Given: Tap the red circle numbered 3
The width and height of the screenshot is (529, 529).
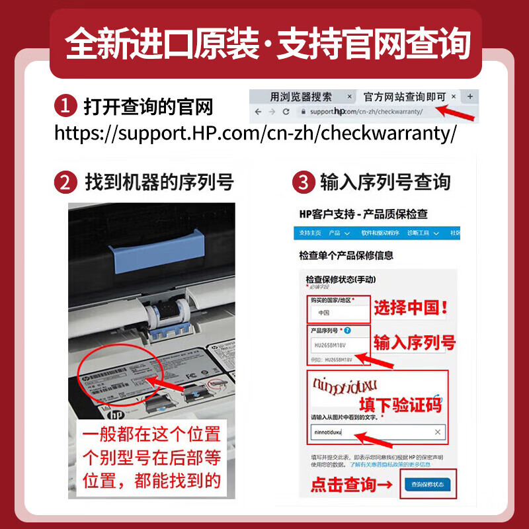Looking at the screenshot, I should pyautogui.click(x=303, y=183).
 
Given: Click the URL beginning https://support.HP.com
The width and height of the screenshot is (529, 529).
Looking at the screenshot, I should pyautogui.click(x=255, y=132).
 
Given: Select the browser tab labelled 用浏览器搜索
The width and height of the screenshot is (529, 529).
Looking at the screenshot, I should pyautogui.click(x=300, y=97).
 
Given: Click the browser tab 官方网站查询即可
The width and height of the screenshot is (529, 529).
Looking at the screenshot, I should pyautogui.click(x=404, y=97).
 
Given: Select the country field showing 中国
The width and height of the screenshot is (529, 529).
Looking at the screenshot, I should pyautogui.click(x=337, y=313).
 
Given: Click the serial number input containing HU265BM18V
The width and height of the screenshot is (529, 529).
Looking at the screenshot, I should pyautogui.click(x=337, y=345).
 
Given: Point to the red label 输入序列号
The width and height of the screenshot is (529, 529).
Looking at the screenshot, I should pyautogui.click(x=415, y=343).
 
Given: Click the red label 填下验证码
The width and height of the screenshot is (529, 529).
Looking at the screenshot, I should pyautogui.click(x=399, y=405).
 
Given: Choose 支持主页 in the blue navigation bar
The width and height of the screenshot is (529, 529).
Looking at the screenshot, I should pyautogui.click(x=309, y=233).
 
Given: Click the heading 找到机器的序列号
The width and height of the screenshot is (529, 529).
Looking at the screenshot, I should pyautogui.click(x=159, y=183).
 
